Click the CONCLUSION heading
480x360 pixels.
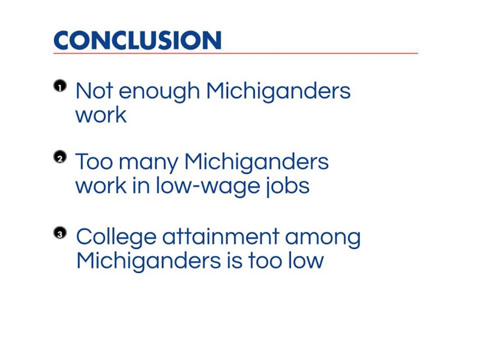click(138, 40)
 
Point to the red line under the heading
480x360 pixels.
click(236, 53)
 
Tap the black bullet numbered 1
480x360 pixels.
click(60, 86)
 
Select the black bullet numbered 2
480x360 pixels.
click(60, 157)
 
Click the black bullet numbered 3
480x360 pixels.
click(60, 233)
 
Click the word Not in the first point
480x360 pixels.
click(94, 91)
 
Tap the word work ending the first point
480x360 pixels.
click(101, 115)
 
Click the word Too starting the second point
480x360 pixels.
click(94, 161)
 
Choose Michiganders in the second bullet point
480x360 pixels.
click(257, 163)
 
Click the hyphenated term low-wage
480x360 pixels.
click(208, 187)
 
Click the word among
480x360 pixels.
click(323, 240)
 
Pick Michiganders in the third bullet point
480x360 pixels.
click(149, 263)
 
